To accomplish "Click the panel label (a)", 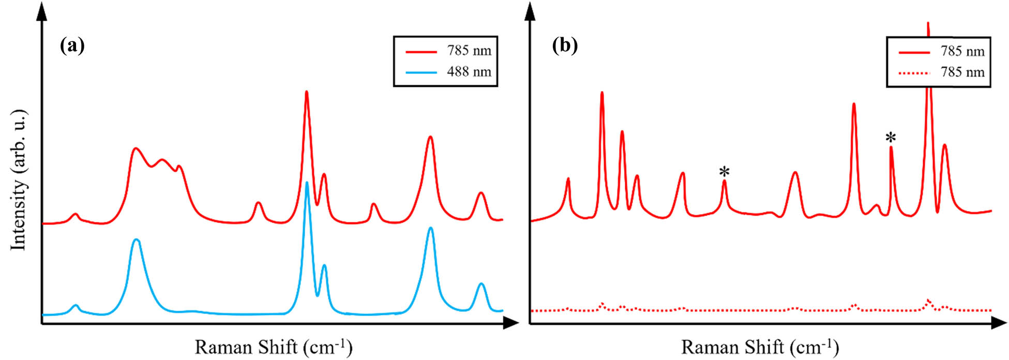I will point(72,46).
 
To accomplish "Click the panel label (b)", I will point(565,46).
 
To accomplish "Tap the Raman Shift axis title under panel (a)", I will point(273,347).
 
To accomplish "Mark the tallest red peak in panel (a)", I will point(307,93).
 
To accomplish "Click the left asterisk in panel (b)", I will point(725,172).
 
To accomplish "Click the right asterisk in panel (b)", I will point(891,138).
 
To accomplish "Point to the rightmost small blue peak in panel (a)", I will point(481,284).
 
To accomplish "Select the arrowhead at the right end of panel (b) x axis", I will point(999,324).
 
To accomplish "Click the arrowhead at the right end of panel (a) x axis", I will point(511,324).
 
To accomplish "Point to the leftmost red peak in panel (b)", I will point(568,179).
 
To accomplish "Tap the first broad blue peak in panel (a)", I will point(136,241).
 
